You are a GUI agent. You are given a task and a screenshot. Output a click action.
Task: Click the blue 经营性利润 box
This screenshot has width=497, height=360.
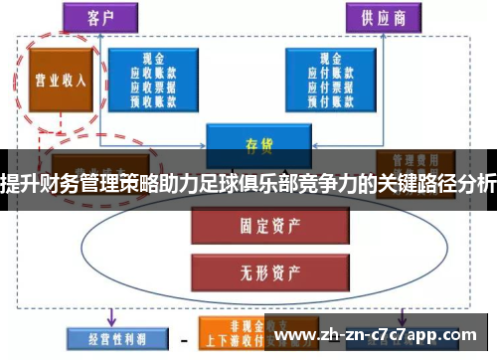[104, 337]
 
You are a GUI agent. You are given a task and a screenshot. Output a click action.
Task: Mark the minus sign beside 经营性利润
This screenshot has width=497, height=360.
[183, 338]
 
